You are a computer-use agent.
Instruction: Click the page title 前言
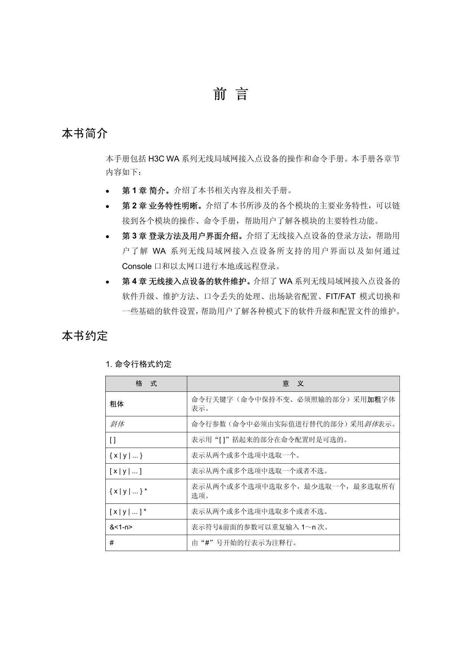[x=231, y=94]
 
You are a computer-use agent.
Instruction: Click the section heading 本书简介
[x=85, y=133]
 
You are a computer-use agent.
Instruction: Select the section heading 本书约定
[x=85, y=336]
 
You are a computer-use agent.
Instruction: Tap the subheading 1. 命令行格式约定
[x=138, y=364]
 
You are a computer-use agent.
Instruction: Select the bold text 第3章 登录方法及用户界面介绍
[x=182, y=236]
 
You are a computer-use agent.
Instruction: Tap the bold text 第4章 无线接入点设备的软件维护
[x=185, y=281]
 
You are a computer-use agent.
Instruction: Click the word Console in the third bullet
[x=137, y=266]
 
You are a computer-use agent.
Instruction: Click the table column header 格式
[x=146, y=384]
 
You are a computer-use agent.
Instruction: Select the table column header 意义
[x=293, y=384]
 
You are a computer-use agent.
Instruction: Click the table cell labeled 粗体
[x=117, y=404]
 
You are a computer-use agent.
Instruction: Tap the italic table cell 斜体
[x=117, y=424]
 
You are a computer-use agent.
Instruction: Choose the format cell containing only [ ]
[x=113, y=440]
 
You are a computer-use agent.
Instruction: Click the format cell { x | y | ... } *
[x=128, y=491]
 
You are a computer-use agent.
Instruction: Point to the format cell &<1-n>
[x=121, y=527]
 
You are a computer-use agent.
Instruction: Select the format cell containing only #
[x=112, y=543]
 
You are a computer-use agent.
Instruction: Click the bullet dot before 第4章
[x=108, y=282]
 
